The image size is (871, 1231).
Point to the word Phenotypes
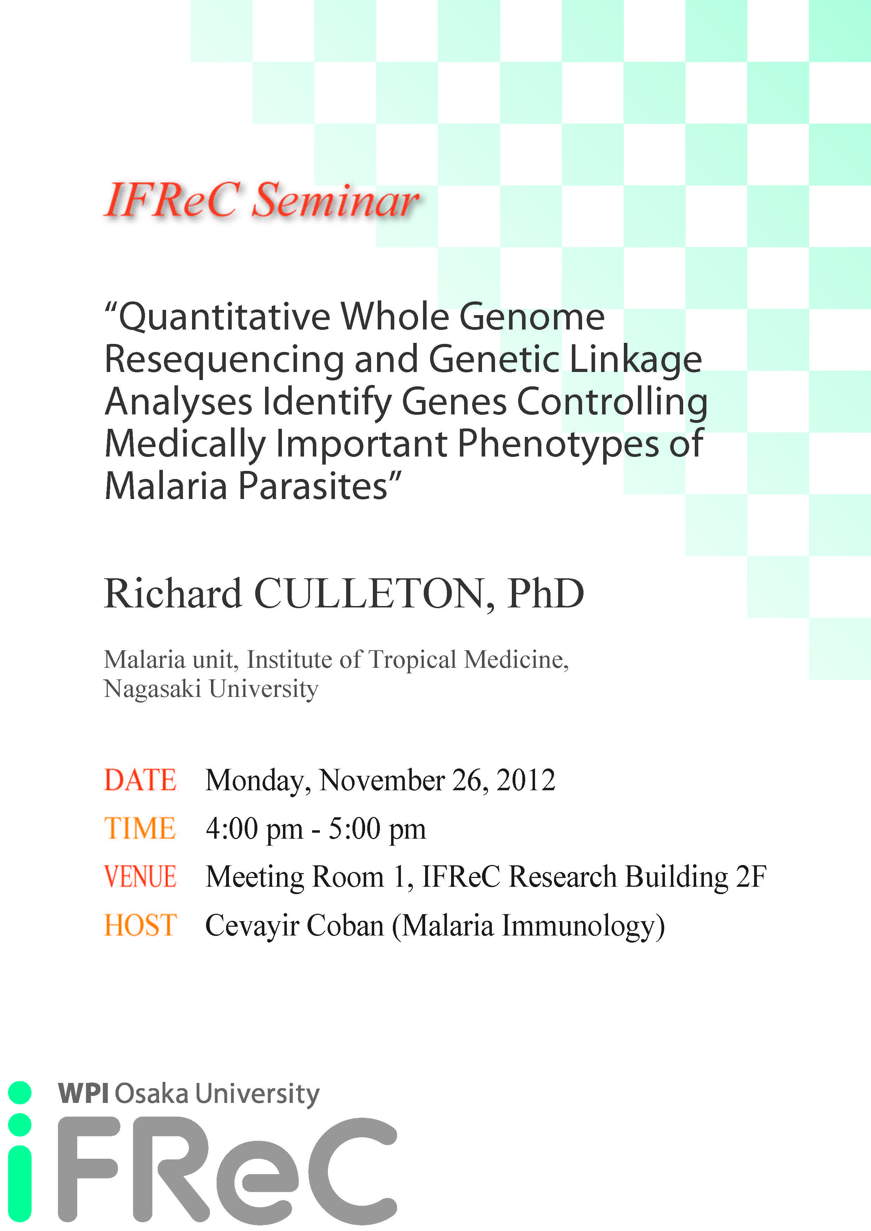558,445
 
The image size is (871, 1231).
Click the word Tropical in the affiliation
412,659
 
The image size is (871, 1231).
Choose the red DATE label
140,780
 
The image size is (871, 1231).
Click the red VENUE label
140,877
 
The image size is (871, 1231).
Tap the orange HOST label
140,925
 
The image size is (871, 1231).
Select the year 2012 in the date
525,780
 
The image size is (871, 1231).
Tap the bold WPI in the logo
83,1093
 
